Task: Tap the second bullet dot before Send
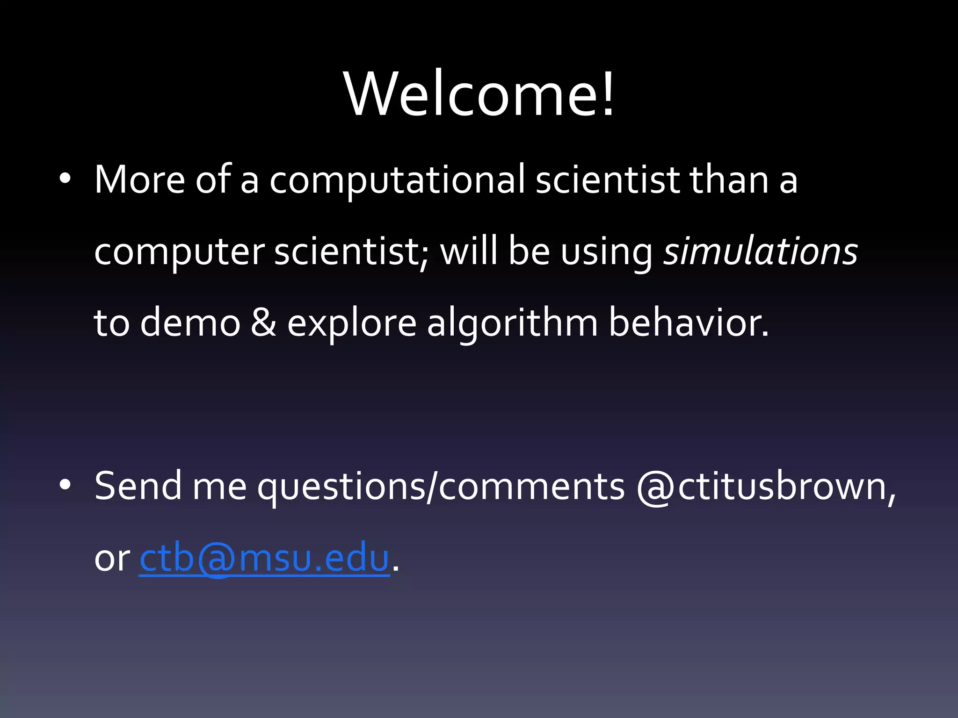(x=65, y=485)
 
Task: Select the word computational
(x=397, y=180)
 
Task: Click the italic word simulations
(x=761, y=251)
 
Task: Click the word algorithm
(x=512, y=323)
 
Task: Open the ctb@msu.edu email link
(x=264, y=558)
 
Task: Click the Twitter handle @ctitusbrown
(x=766, y=486)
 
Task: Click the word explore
(x=351, y=323)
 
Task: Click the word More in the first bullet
(x=139, y=179)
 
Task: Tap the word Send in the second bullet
(x=138, y=486)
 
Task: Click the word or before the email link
(x=112, y=559)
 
